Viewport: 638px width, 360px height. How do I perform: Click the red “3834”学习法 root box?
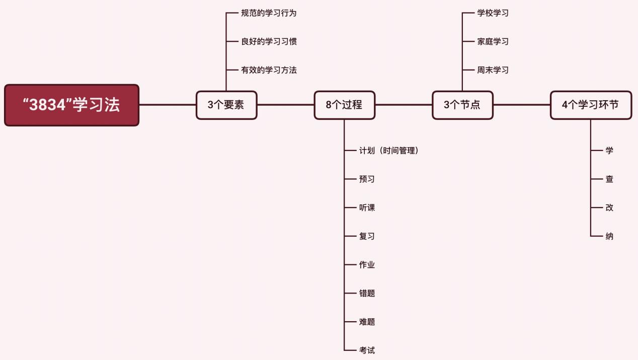(71, 105)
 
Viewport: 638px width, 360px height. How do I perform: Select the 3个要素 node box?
(226, 105)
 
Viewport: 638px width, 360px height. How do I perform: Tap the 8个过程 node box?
(344, 105)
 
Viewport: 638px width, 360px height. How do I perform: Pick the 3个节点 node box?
(462, 105)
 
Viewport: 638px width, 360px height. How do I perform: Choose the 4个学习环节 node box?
(590, 105)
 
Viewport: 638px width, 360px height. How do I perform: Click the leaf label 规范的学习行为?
(269, 13)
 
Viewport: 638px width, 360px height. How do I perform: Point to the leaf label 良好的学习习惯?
(269, 41)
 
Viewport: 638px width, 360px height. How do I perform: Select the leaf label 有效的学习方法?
(269, 70)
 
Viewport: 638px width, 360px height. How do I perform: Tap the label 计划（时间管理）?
(389, 151)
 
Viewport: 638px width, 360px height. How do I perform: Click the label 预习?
(367, 179)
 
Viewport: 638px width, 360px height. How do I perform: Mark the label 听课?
(367, 207)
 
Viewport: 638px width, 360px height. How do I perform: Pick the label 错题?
(367, 293)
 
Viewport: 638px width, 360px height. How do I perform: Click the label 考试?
(367, 350)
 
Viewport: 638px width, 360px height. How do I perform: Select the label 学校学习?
(493, 13)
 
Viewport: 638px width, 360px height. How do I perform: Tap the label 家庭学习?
(493, 41)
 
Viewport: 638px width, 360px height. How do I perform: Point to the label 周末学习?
(493, 70)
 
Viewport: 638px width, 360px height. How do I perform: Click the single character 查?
(609, 179)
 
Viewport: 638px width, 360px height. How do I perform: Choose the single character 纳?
(609, 236)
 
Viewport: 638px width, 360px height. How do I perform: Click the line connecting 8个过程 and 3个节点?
(404, 105)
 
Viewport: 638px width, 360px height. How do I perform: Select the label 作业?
(367, 265)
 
